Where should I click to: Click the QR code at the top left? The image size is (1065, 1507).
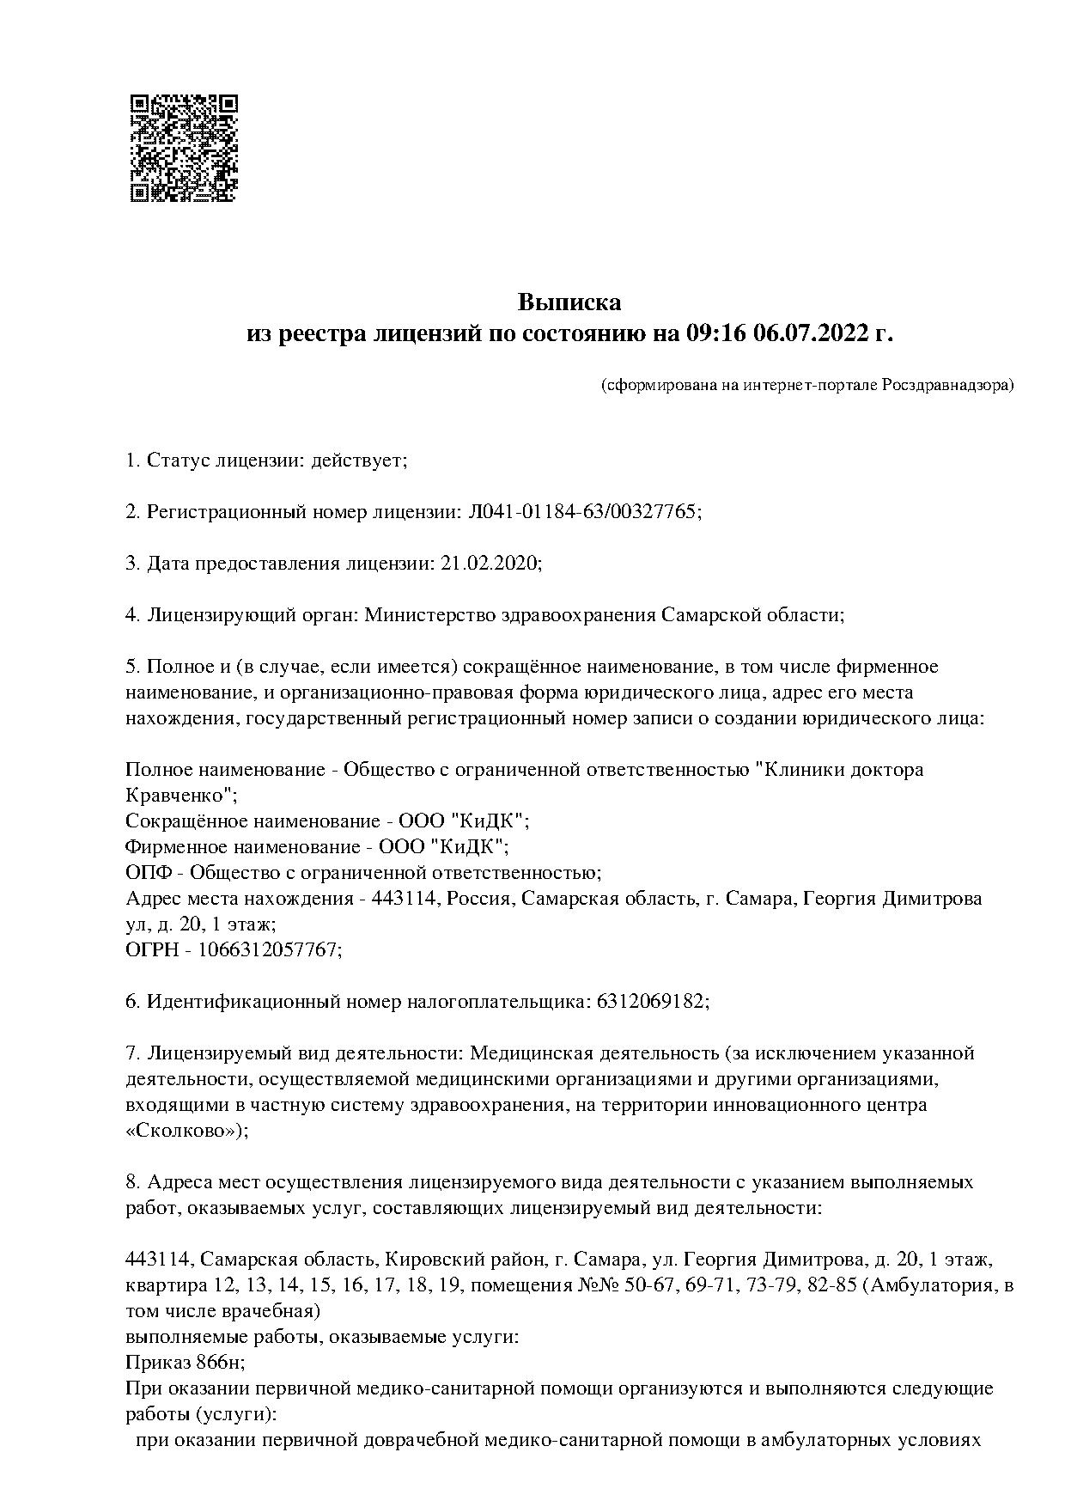click(183, 148)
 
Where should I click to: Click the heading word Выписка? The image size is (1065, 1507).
click(569, 302)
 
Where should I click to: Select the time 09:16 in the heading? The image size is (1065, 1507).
click(715, 333)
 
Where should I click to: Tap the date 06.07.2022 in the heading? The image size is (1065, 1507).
click(811, 333)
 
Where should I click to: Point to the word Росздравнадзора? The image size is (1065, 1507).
click(947, 385)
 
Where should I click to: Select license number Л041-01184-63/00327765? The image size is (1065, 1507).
click(583, 512)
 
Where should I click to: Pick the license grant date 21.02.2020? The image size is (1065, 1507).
click(490, 564)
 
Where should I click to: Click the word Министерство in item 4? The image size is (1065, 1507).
click(418, 615)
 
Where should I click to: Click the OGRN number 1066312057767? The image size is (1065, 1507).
click(269, 949)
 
